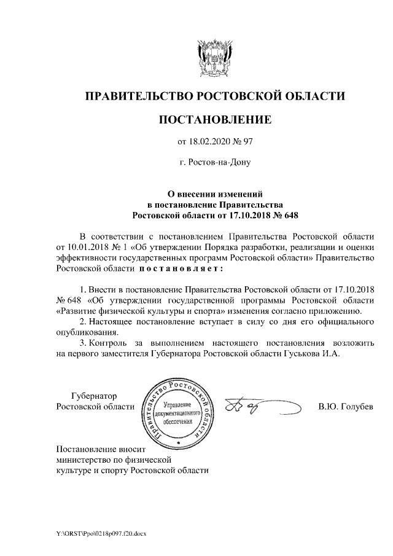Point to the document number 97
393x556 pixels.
coord(247,142)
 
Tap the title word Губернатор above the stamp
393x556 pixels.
coord(93,396)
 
